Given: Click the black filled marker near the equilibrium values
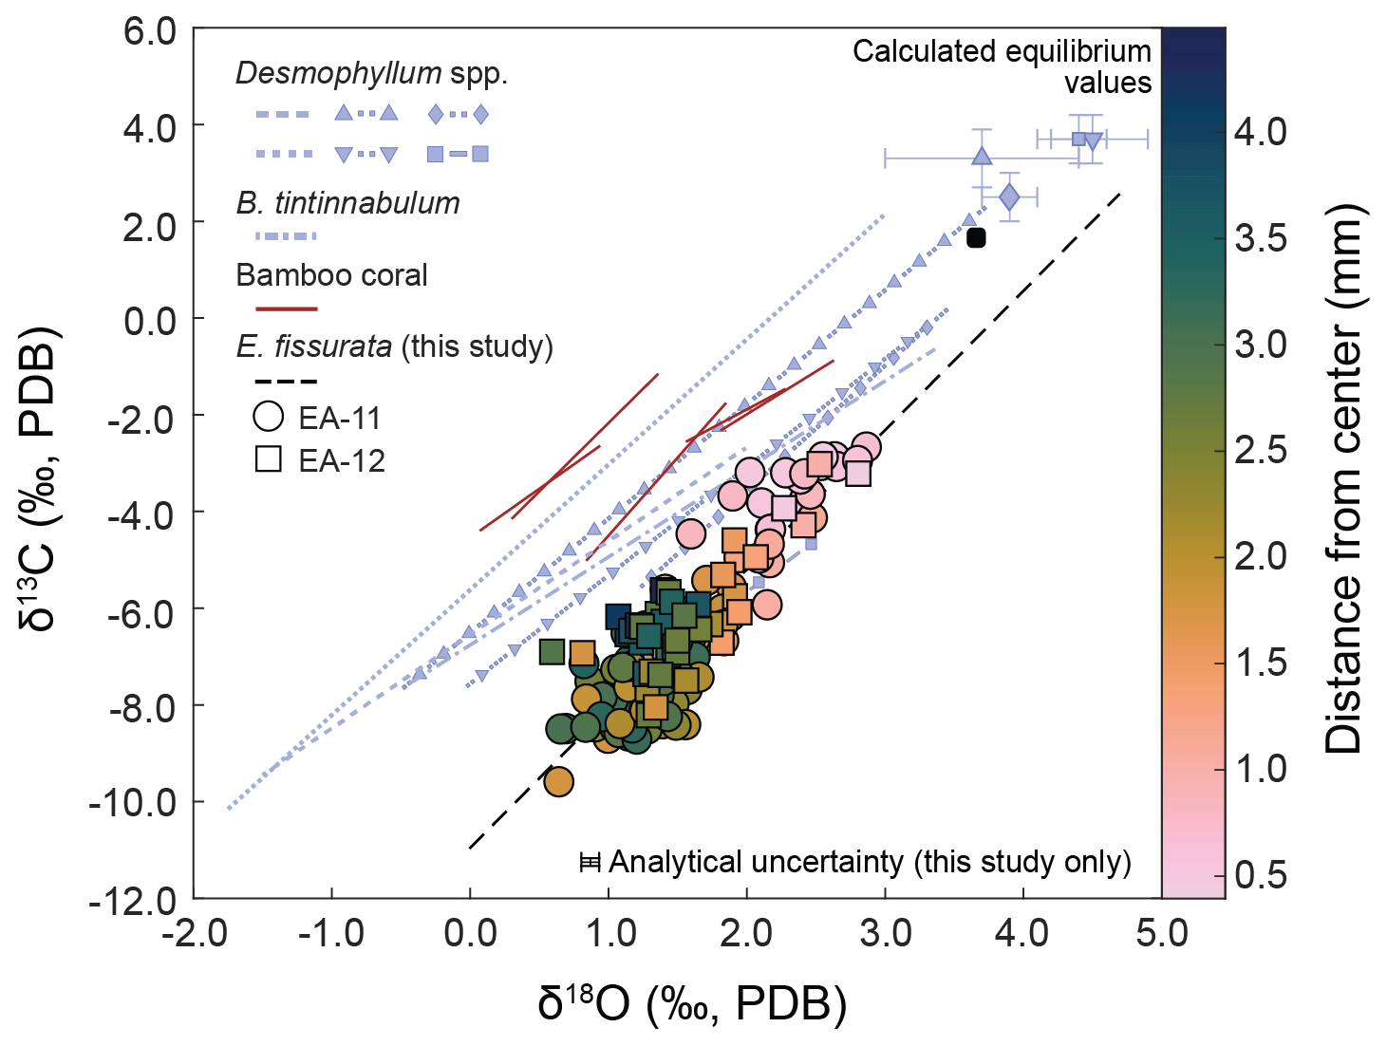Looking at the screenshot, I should (976, 237).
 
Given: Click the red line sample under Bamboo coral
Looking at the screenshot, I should (286, 308).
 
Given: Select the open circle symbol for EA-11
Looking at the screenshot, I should (269, 417).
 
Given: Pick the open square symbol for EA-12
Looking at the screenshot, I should (269, 459).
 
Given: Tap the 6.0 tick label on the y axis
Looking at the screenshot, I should (149, 30).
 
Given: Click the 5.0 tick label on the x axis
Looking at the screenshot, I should (1161, 934).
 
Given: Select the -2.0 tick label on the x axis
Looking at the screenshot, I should (194, 934).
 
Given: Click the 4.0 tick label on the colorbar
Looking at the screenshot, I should (1260, 131).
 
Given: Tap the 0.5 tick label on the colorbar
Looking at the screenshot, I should (1260, 874).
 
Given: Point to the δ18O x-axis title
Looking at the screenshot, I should (691, 1004).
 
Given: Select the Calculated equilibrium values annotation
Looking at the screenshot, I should (1002, 66).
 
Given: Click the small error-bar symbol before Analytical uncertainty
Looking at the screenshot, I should (590, 862).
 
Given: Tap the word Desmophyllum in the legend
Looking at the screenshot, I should (338, 73).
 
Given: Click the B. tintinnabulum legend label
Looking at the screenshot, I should (347, 203).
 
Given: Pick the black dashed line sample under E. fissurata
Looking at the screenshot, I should (286, 382).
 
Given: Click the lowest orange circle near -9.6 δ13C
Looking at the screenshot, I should (558, 781).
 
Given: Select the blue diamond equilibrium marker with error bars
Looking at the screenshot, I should (1009, 197).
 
